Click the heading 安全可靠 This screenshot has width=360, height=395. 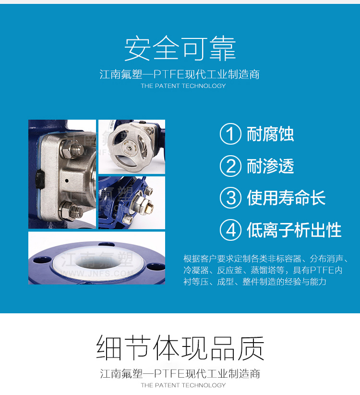(x=180, y=48)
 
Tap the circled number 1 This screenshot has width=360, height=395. (x=230, y=134)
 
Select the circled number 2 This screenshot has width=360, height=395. (x=230, y=166)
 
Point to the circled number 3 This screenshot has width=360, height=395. (x=230, y=198)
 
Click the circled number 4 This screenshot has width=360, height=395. (x=230, y=230)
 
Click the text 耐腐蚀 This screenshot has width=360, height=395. (x=270, y=134)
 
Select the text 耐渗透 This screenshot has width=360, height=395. (x=270, y=166)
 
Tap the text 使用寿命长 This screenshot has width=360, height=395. (x=286, y=198)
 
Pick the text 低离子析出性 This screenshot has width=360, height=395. (x=294, y=230)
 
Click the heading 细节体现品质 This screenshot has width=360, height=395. (x=180, y=347)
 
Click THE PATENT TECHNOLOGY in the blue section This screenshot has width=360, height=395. (x=183, y=86)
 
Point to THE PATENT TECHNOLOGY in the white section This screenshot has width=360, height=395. (x=183, y=385)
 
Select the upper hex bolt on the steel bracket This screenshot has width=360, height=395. (x=72, y=149)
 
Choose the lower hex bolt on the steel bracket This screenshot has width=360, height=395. (x=71, y=211)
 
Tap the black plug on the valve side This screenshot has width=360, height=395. (x=40, y=179)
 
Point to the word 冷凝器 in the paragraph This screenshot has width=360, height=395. (x=196, y=270)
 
